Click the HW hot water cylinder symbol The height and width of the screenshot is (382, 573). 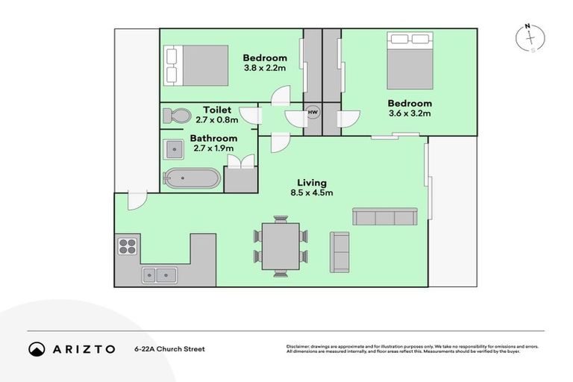click(312, 114)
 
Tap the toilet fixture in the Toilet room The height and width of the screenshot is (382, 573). click(178, 116)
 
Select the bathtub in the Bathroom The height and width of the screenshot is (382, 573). click(192, 178)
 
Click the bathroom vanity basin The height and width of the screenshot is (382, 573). click(174, 149)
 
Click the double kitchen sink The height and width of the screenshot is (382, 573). click(160, 274)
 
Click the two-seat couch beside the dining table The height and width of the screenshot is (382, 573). click(339, 251)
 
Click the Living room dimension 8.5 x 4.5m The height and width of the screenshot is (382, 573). click(312, 192)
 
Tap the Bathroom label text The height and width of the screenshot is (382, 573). click(213, 138)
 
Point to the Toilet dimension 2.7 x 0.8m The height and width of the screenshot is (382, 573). click(216, 119)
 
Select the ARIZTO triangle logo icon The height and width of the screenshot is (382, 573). click(36, 348)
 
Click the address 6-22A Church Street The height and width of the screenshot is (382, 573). click(169, 348)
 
